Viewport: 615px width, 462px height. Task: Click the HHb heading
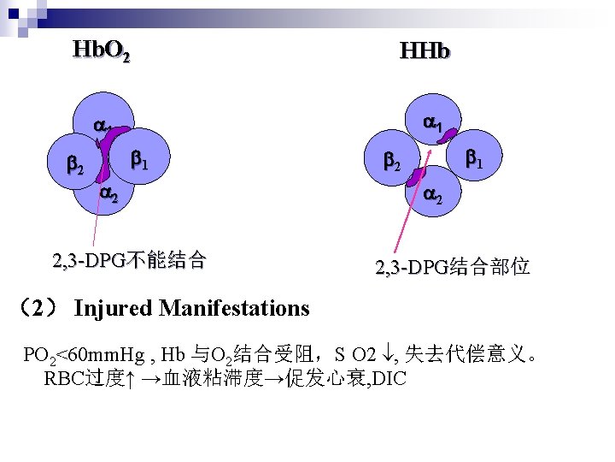[x=425, y=52]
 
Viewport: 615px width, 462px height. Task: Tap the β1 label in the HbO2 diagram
[x=139, y=159]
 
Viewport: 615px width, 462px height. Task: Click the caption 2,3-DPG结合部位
[x=453, y=268]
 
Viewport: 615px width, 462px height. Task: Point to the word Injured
[x=113, y=308]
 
